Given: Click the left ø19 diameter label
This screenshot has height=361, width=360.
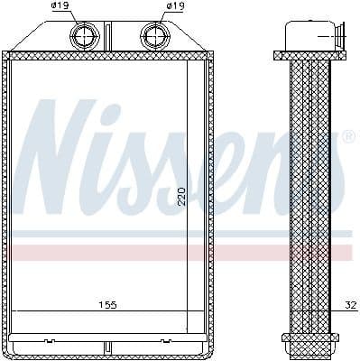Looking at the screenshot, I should (x=60, y=6).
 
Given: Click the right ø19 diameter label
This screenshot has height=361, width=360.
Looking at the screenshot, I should (x=176, y=6).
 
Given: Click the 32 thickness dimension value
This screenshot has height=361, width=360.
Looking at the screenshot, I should (x=350, y=304).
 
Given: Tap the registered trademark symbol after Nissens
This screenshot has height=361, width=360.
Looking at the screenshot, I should (x=348, y=137).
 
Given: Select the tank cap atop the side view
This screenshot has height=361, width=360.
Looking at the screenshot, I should (x=309, y=37).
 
